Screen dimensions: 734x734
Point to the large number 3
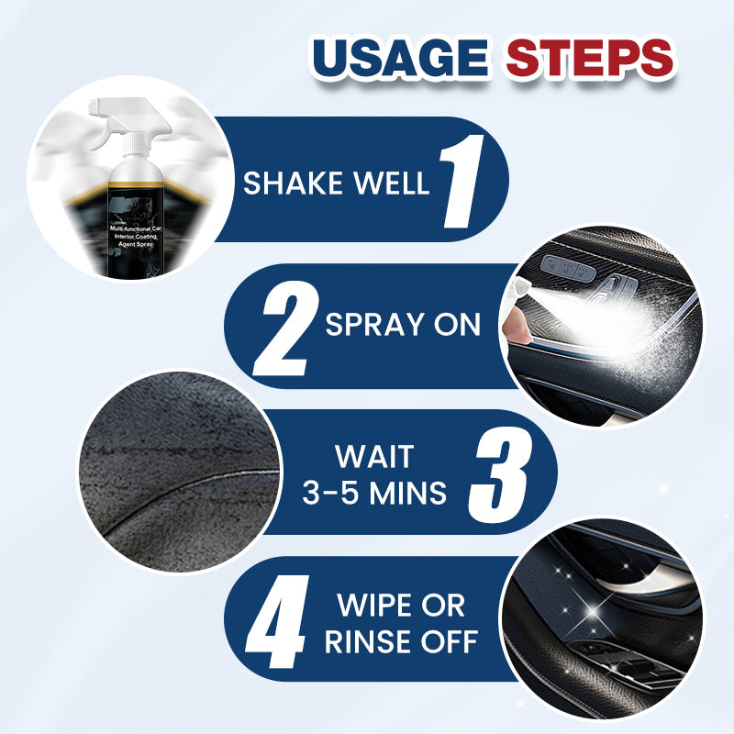point(500,472)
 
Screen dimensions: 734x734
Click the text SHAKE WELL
point(336,182)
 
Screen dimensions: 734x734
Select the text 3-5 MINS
point(373,493)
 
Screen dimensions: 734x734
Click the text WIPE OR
point(401,606)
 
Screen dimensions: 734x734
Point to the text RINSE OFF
point(401,641)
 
